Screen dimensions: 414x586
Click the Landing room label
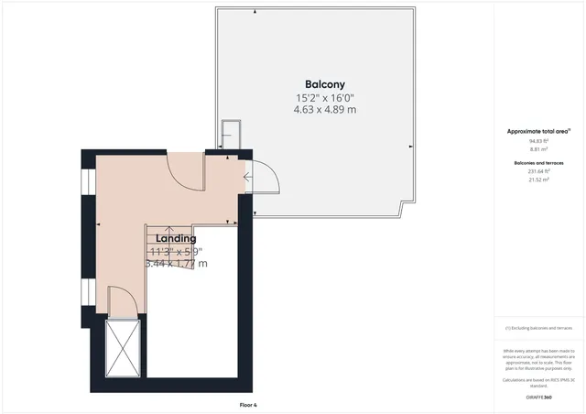coord(176,238)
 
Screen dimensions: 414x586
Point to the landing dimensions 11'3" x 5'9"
coord(176,251)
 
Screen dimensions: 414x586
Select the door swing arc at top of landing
coord(185,170)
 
